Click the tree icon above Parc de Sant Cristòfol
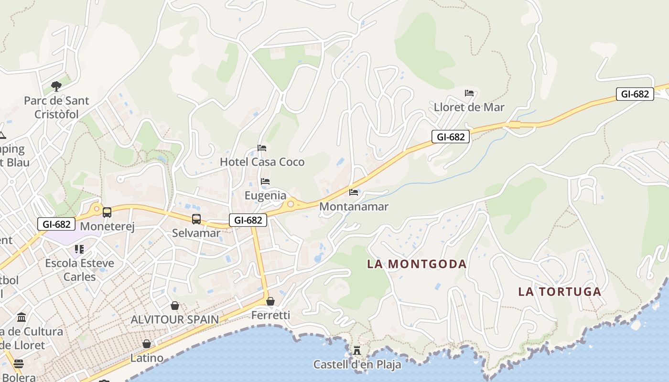(56, 86)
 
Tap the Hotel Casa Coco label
(262, 162)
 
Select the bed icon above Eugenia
(265, 181)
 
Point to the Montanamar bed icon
(354, 192)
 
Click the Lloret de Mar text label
(469, 107)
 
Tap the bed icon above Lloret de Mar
(469, 93)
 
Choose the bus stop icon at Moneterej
(107, 212)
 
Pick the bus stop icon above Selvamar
(196, 219)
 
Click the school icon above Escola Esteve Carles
(79, 249)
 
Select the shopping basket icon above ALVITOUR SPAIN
(175, 306)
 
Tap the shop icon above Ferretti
(270, 301)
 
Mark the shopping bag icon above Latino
(147, 344)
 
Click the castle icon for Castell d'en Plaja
(357, 350)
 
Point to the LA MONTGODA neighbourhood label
(417, 264)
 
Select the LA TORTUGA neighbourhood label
(560, 292)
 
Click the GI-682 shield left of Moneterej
(56, 224)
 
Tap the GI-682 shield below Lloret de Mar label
(451, 137)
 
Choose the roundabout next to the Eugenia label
(291, 204)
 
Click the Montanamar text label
(354, 207)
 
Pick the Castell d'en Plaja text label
(357, 364)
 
